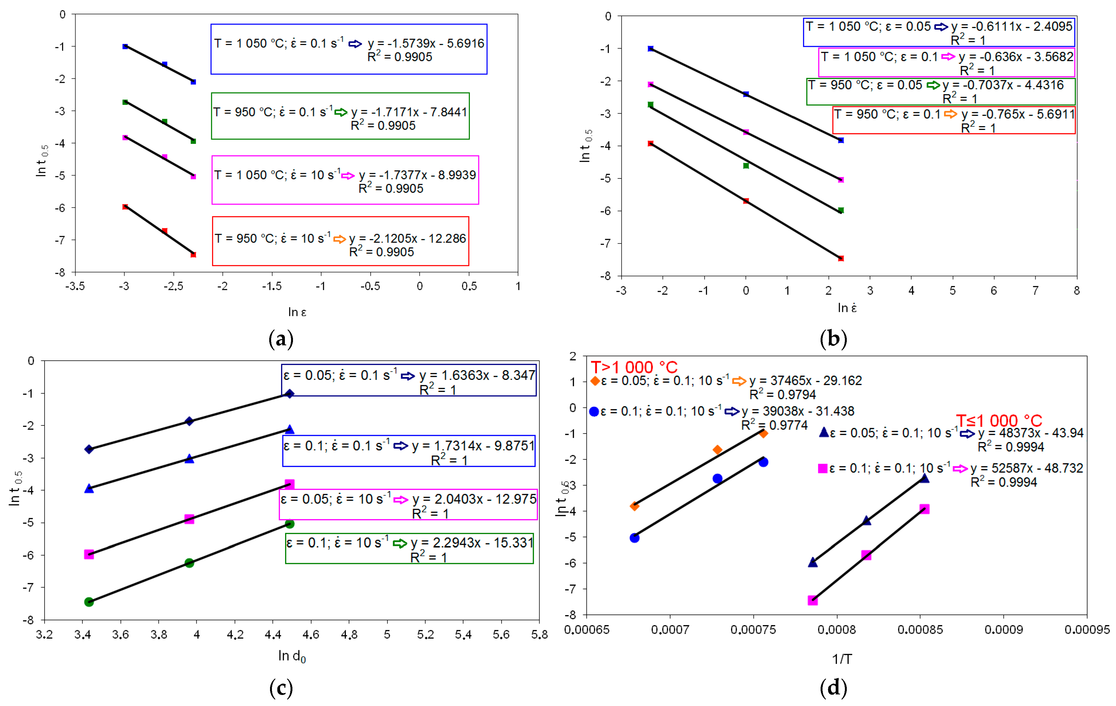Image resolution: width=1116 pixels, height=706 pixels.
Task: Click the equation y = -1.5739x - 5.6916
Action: (425, 44)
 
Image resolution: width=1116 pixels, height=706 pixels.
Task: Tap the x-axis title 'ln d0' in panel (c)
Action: (292, 656)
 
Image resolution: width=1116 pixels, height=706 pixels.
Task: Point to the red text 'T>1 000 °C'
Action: (634, 367)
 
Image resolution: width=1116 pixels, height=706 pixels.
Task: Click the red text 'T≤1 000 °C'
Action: (999, 421)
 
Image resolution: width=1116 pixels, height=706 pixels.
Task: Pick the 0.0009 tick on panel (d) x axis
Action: (1004, 629)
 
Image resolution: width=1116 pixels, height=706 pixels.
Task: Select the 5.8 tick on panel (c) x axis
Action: (539, 634)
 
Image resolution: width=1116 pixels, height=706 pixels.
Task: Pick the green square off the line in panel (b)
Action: (746, 166)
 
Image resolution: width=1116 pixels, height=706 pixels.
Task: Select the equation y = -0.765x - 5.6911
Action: (1017, 114)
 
